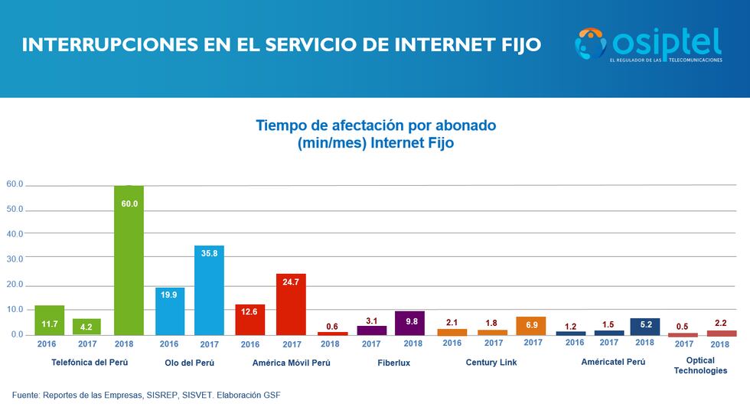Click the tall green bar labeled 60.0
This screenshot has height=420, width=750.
pyautogui.click(x=129, y=260)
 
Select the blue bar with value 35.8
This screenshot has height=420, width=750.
pyautogui.click(x=209, y=290)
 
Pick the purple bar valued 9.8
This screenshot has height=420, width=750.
pyautogui.click(x=409, y=323)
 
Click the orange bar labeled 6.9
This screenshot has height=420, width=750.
pyautogui.click(x=531, y=326)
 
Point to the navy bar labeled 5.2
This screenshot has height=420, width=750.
pyautogui.click(x=644, y=327)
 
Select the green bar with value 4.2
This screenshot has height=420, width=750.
pyautogui.click(x=86, y=327)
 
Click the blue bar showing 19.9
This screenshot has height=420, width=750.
pyautogui.click(x=169, y=311)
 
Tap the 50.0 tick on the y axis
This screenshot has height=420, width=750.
pyautogui.click(x=15, y=210)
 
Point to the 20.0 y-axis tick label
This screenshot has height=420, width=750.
pyautogui.click(x=15, y=285)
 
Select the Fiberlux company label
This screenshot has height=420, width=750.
pyautogui.click(x=393, y=363)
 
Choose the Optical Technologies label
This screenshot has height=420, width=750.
pyautogui.click(x=700, y=366)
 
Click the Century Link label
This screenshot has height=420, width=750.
pyautogui.click(x=491, y=362)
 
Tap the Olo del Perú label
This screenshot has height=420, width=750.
pyautogui.click(x=189, y=362)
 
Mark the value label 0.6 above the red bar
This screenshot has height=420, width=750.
pyautogui.click(x=332, y=326)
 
